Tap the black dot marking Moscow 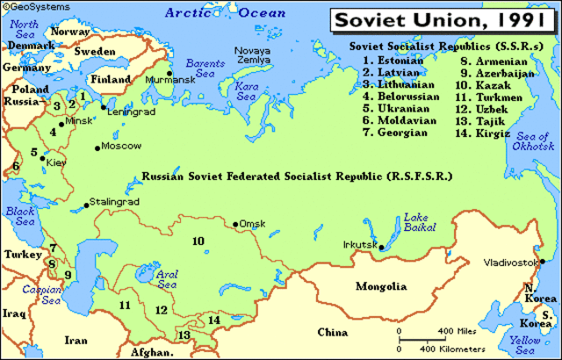point(97,147)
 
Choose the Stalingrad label point(116,202)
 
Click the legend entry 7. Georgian point(395,133)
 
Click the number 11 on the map point(126,305)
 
